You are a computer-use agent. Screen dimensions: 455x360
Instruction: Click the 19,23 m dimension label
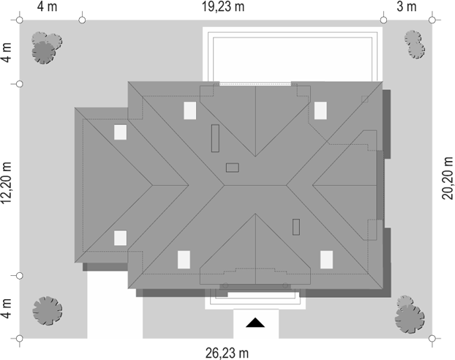coord(223,7)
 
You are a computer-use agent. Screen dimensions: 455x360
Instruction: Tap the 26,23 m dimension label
coord(227,353)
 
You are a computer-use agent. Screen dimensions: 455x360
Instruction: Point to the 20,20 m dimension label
coord(447,178)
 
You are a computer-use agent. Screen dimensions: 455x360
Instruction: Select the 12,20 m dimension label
coord(7,182)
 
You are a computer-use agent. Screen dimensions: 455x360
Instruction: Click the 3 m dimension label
coord(407,7)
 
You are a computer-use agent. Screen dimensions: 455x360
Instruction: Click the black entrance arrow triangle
coord(255,323)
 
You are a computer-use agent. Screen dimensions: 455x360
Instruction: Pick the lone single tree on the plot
coord(48,311)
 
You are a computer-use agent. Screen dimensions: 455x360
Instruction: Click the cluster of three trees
coord(46,48)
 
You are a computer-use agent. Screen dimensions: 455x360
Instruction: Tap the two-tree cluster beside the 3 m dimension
coord(414,45)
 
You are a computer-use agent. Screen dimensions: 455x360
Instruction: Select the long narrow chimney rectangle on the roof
coord(215,138)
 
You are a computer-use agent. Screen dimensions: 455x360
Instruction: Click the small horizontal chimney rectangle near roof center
coord(233,168)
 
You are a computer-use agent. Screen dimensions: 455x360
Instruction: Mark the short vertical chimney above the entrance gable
coord(296,227)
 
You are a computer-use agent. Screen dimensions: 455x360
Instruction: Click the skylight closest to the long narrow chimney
coord(189,110)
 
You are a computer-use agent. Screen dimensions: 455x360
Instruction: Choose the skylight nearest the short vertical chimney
coord(326,260)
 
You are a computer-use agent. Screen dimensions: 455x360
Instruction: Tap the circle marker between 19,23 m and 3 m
coord(383,20)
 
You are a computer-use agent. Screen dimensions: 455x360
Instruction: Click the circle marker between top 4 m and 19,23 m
coord(82,20)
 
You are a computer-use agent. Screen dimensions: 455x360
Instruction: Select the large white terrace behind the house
coord(293,54)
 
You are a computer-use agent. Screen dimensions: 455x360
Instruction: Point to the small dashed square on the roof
coord(365,99)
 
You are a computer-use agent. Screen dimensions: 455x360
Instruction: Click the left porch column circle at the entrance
coord(225,285)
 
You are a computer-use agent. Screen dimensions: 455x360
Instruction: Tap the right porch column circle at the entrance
coord(285,285)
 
